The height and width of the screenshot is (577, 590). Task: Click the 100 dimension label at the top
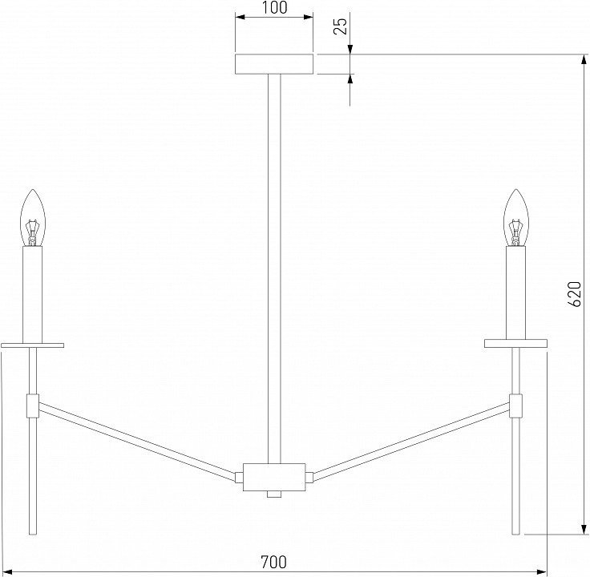(274, 7)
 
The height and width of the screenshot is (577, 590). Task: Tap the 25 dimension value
(341, 26)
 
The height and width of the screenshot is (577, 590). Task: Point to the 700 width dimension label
(274, 562)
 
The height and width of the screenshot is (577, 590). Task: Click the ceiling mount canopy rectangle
(274, 64)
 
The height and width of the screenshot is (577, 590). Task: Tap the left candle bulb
(33, 218)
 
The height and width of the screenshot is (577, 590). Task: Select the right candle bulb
(516, 218)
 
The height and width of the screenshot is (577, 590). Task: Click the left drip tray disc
(32, 345)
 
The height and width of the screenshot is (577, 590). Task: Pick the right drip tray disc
(515, 343)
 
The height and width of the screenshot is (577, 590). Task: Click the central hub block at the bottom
(274, 478)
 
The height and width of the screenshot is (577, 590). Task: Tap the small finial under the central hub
(274, 494)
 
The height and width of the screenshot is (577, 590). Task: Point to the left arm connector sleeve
(33, 406)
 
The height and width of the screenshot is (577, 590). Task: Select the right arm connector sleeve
(515, 406)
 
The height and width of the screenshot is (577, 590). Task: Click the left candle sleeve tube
(33, 295)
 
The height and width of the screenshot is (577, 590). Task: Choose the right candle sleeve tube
(516, 293)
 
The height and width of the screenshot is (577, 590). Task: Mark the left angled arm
(137, 442)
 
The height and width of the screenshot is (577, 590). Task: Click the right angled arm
(411, 442)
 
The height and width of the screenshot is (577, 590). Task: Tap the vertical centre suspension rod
(274, 268)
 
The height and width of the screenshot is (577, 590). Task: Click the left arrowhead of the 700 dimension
(8, 571)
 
